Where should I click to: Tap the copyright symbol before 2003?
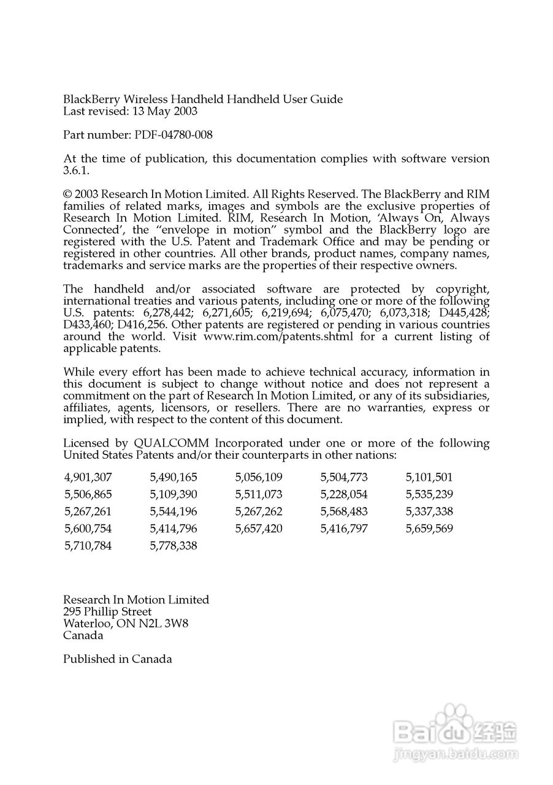pos(67,194)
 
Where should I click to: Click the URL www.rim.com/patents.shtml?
pos(278,337)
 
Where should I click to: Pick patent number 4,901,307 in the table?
pos(88,477)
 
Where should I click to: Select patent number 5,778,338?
pos(174,546)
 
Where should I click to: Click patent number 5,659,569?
pos(429,529)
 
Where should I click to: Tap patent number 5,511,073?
pos(259,494)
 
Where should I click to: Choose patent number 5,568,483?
pos(344,511)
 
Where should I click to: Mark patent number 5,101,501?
pos(429,477)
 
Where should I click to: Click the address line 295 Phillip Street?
pos(107,612)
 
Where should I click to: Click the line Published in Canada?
pos(117,659)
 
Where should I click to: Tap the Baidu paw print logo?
pos(454,719)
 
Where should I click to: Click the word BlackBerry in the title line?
pos(92,99)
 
